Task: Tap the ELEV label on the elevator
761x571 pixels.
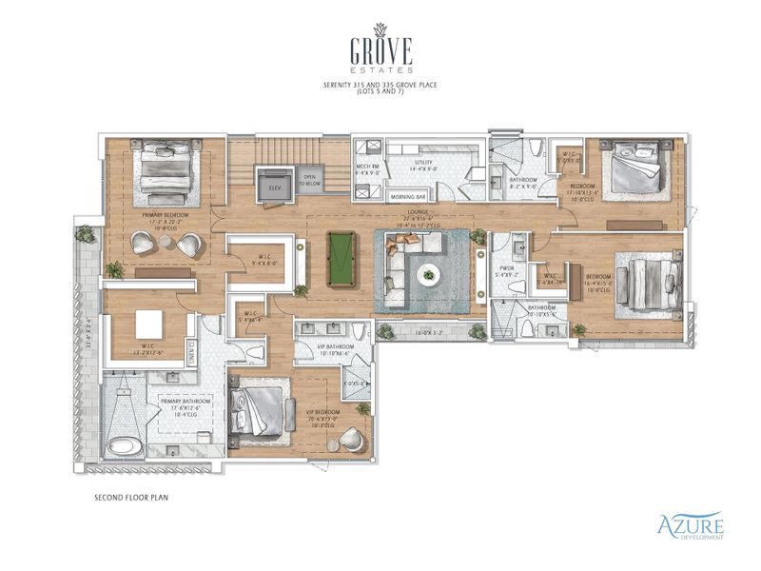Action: pos(275,188)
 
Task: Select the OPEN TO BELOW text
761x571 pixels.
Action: pos(309,180)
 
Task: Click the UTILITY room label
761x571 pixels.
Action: pos(423,165)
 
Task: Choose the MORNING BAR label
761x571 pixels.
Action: pos(408,197)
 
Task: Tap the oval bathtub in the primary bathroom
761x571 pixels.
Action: pos(123,445)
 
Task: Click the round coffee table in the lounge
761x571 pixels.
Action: pos(427,275)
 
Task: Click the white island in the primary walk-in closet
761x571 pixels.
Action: pos(147,324)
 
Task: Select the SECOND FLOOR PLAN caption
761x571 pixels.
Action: pos(131,497)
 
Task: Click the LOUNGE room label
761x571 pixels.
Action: pos(422,211)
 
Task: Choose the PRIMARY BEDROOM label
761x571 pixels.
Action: pos(165,215)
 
